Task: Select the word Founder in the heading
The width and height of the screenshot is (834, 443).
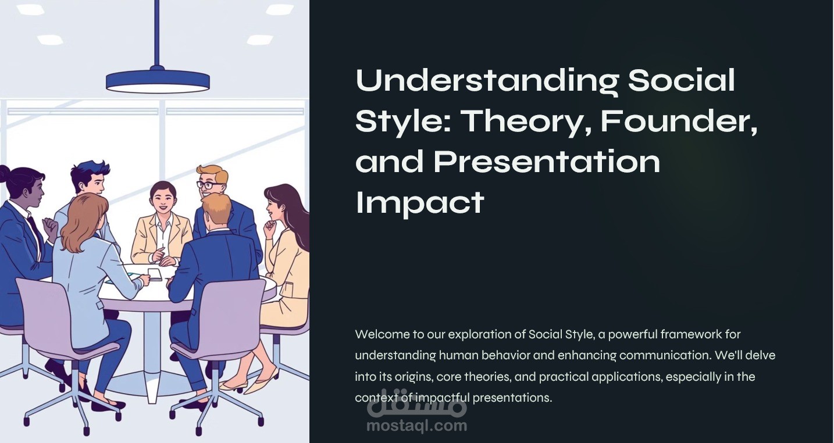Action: click(678, 120)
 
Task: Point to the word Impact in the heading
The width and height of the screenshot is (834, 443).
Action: click(419, 202)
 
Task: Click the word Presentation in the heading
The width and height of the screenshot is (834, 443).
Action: click(547, 162)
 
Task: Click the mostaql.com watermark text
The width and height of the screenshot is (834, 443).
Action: click(416, 426)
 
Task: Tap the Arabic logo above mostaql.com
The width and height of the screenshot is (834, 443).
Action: click(416, 405)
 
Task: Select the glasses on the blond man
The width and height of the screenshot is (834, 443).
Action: click(211, 185)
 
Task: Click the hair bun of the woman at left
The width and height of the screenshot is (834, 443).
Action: click(4, 173)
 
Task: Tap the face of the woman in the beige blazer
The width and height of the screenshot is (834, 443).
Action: click(163, 201)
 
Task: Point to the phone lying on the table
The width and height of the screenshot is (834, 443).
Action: click(155, 274)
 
